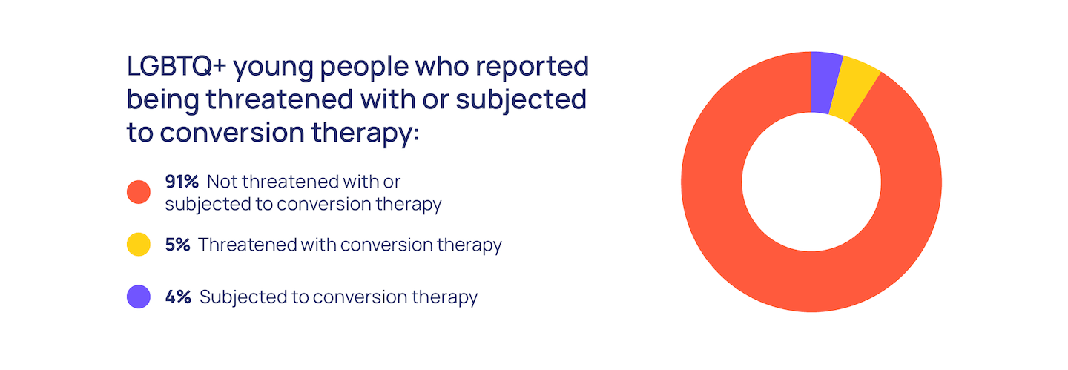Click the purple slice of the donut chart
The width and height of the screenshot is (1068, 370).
click(824, 82)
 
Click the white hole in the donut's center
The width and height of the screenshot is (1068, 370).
click(811, 182)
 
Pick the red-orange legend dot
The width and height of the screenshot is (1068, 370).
click(139, 192)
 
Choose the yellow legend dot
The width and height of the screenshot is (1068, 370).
click(139, 245)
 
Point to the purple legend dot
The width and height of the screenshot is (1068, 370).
click(139, 297)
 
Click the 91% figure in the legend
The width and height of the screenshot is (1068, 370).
click(182, 182)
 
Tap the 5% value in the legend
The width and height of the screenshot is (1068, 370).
click(177, 245)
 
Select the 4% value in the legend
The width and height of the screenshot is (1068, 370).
click(178, 297)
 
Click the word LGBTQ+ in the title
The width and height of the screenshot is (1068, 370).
click(177, 66)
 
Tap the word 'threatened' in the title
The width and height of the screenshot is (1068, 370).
click(280, 99)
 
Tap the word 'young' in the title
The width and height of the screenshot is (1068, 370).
click(273, 69)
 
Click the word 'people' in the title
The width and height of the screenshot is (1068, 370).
click(364, 68)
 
